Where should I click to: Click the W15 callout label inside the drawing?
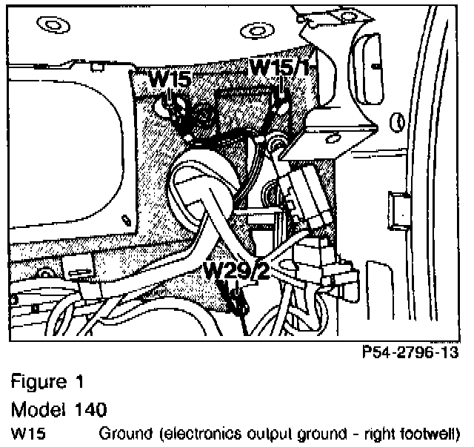click(x=170, y=79)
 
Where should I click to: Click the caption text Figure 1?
click(x=47, y=384)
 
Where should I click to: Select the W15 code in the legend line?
click(x=27, y=433)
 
